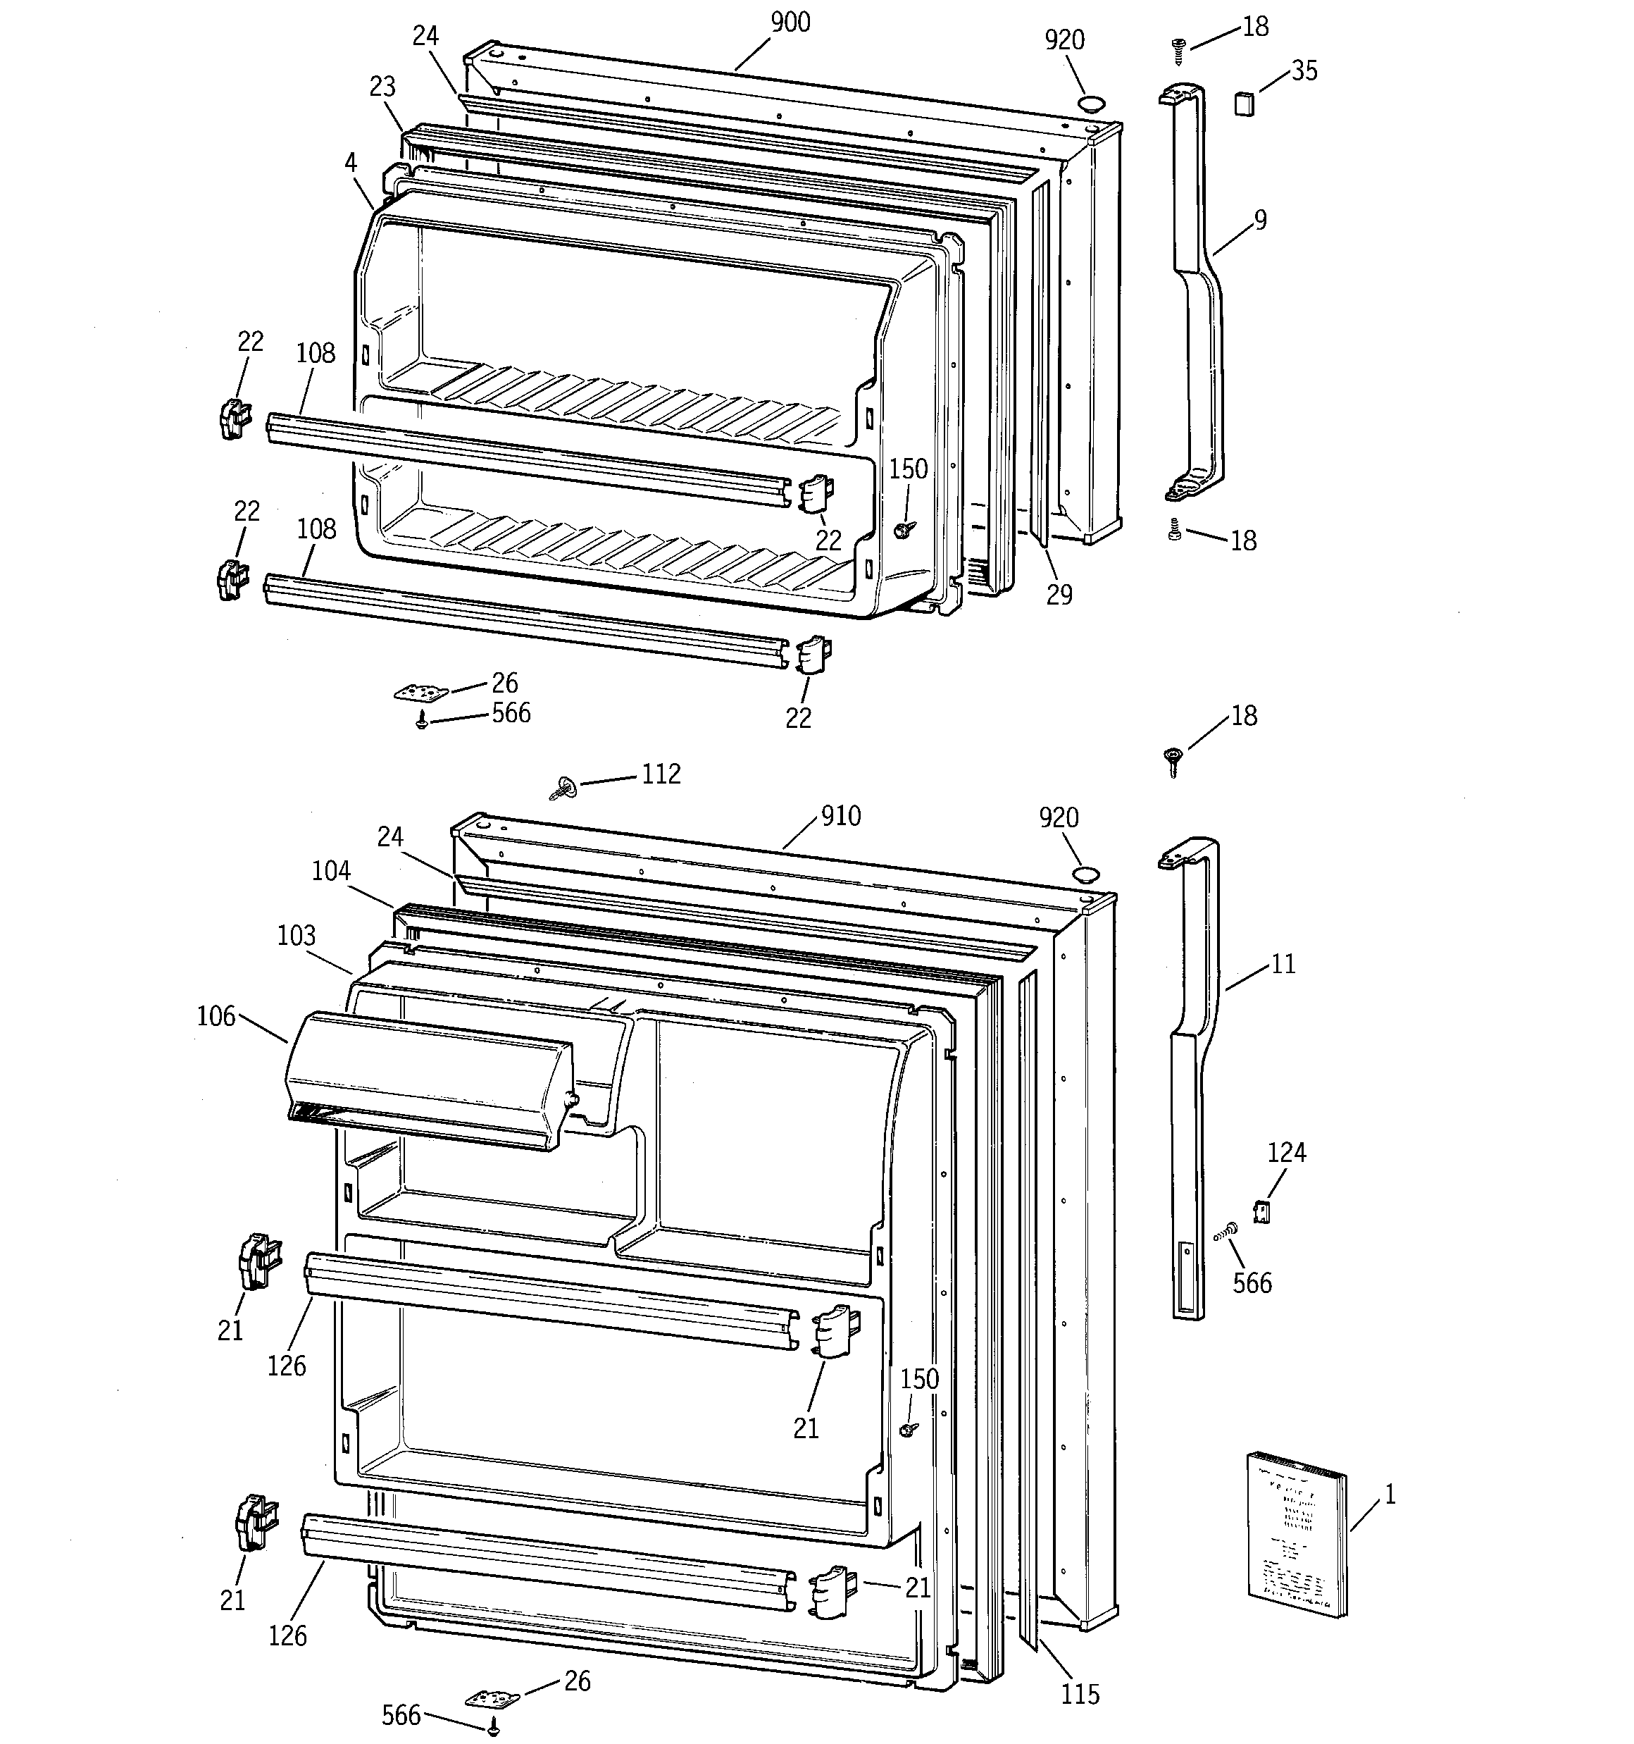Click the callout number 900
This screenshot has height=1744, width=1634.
[x=790, y=23]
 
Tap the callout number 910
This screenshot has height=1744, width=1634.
[x=840, y=817]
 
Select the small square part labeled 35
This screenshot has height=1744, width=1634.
[x=1244, y=104]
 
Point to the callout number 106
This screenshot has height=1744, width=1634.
[x=216, y=1017]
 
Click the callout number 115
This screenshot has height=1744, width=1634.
[x=1080, y=1694]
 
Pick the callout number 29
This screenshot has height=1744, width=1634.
[x=1059, y=595]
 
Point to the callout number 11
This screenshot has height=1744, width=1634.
[x=1283, y=965]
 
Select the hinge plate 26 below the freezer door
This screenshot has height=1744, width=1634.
[x=421, y=693]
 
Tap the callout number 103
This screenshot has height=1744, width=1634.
[x=297, y=936]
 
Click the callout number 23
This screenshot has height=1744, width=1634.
[x=382, y=87]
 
